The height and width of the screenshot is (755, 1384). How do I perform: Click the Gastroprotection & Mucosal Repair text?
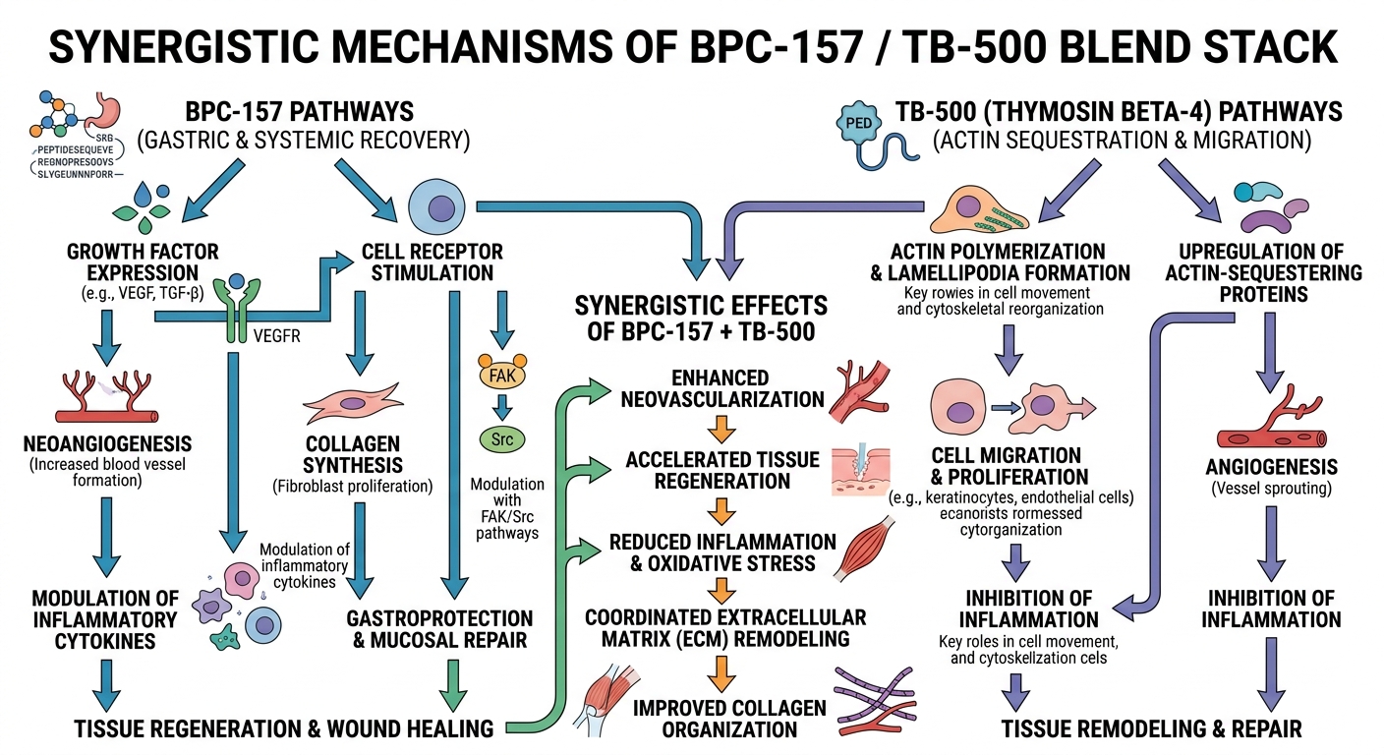[x=439, y=629]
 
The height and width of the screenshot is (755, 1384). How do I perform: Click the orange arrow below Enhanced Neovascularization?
[x=723, y=429]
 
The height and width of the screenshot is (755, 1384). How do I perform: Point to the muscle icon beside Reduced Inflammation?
[x=865, y=552]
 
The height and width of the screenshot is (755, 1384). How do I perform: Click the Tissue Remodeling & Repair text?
[x=1151, y=728]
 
